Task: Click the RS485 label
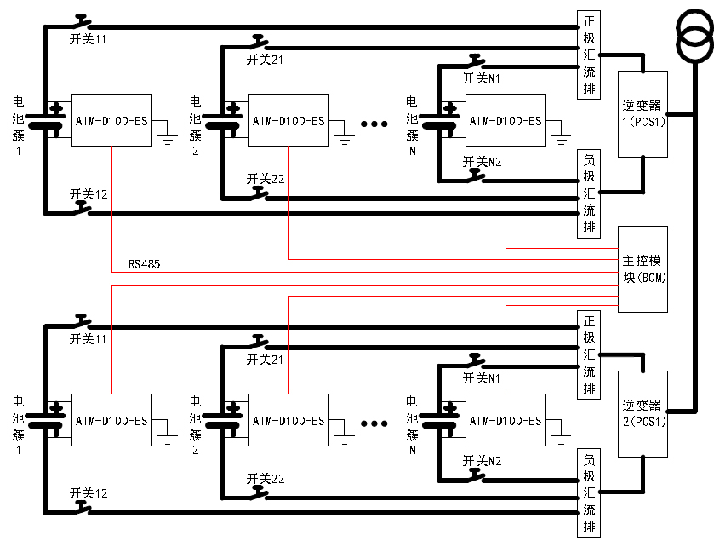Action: [x=144, y=264]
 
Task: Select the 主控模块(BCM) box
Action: [x=643, y=269]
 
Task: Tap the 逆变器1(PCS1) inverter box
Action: [x=643, y=113]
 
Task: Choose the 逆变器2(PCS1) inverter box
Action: [x=643, y=412]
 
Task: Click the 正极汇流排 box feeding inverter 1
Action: [x=589, y=55]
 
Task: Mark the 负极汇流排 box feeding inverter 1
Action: [x=589, y=193]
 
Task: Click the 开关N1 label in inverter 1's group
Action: [x=482, y=78]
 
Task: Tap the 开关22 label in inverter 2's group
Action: [x=265, y=479]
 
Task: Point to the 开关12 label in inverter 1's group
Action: [x=89, y=195]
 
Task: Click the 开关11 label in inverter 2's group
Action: [x=89, y=339]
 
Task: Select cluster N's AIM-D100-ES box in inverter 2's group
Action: [x=506, y=421]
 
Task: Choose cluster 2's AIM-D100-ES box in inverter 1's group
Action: [x=288, y=121]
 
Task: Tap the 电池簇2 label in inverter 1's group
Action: [x=196, y=121]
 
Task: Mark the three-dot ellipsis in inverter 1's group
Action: [x=374, y=124]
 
